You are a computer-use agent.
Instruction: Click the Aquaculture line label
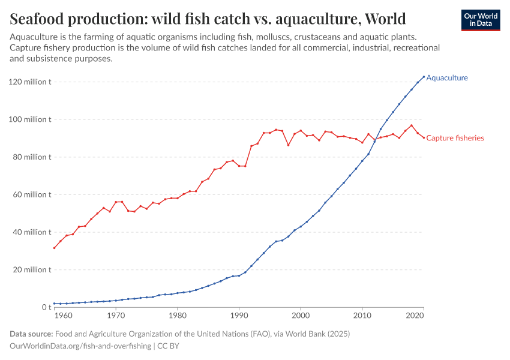(x=446, y=78)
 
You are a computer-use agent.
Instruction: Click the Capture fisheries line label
(x=455, y=138)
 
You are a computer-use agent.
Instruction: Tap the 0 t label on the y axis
(x=46, y=307)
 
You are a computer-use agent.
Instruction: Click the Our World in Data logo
(x=480, y=20)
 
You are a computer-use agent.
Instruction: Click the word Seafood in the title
(x=41, y=19)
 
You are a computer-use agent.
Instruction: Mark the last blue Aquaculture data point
(x=424, y=77)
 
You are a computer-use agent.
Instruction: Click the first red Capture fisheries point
(x=55, y=248)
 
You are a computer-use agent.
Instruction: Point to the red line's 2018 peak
(x=412, y=125)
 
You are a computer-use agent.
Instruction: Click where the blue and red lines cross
(x=375, y=140)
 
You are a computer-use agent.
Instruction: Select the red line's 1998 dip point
(x=288, y=145)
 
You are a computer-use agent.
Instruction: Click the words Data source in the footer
(x=31, y=334)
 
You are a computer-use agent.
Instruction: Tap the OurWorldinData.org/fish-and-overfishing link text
(x=81, y=346)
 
